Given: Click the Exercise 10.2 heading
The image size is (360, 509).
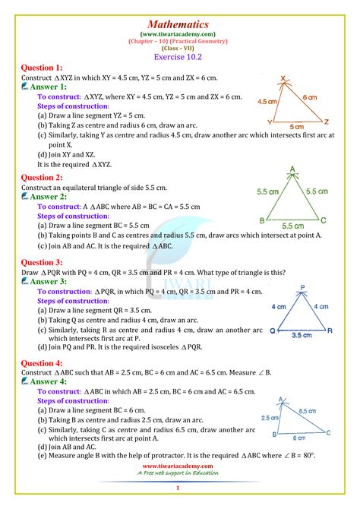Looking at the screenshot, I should click(x=179, y=55).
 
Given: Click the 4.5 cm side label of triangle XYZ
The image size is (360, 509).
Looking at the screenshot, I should click(x=267, y=100).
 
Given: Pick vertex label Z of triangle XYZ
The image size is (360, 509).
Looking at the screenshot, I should click(x=326, y=122).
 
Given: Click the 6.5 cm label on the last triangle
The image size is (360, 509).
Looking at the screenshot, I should click(x=307, y=411).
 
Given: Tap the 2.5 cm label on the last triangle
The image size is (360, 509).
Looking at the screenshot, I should click(x=267, y=418).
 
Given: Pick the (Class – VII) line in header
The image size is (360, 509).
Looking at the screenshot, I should click(x=179, y=44).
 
